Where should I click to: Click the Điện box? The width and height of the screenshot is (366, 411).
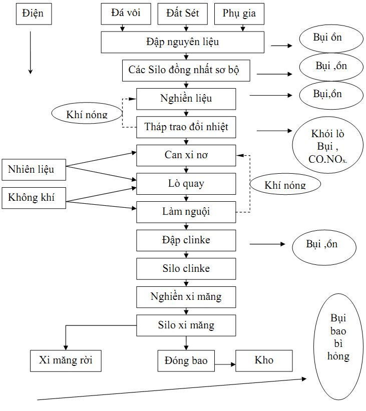pos(33,14)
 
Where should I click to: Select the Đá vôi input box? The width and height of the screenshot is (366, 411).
pos(125,14)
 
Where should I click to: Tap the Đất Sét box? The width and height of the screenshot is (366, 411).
pos(182,14)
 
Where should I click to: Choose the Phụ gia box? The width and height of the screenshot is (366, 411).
pos(239,14)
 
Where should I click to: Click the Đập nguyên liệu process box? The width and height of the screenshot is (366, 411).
pos(182,42)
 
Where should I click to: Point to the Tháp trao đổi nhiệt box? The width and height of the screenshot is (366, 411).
pos(186,127)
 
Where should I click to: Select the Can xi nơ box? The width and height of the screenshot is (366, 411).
pos(186,155)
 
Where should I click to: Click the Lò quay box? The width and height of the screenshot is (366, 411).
pos(186,184)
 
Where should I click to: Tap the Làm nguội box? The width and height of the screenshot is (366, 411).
pos(186,212)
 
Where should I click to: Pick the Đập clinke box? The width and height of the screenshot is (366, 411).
pos(186,240)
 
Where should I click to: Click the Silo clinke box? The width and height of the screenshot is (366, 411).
pos(186,269)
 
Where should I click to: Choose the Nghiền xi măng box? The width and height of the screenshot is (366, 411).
pos(186,297)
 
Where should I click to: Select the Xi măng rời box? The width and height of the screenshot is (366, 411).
pos(66,360)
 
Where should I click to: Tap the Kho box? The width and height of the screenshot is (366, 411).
pos(264,360)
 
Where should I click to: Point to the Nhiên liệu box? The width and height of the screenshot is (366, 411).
pos(31,170)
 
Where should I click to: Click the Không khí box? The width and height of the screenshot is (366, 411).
pos(31,198)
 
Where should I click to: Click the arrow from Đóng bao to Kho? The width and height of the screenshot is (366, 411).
pos(225,364)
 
